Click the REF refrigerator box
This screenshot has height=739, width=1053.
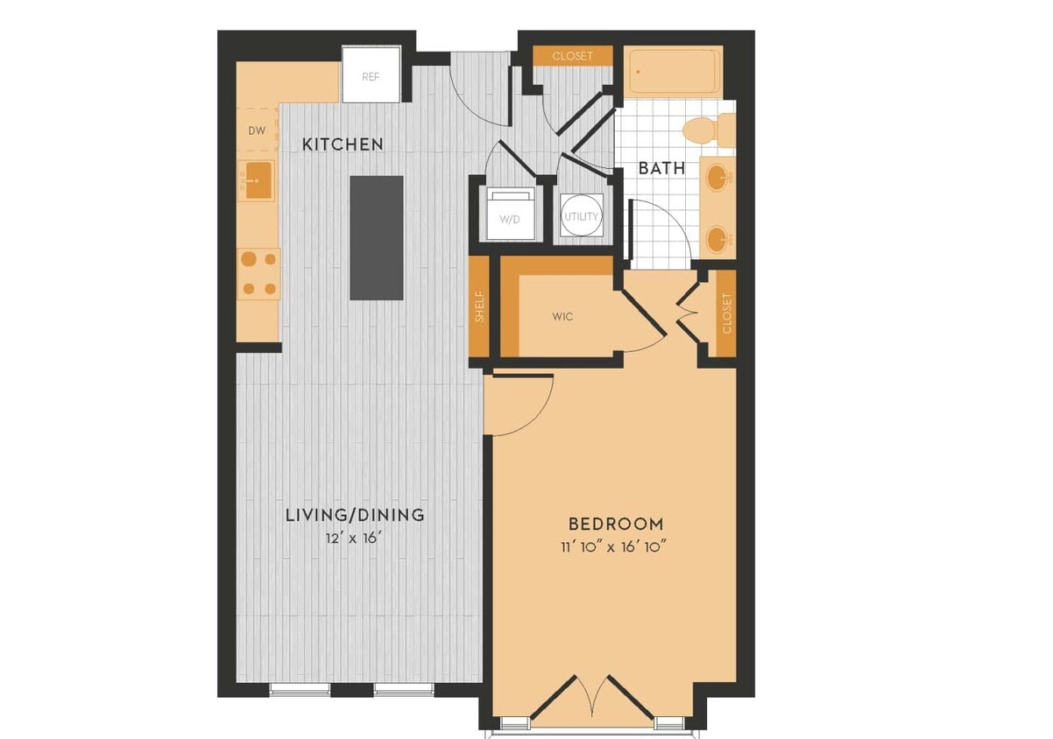click(371, 75)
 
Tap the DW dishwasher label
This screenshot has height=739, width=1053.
click(256, 131)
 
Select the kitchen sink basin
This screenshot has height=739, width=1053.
click(256, 181)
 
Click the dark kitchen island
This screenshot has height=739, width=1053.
click(377, 237)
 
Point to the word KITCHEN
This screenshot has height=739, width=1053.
click(343, 144)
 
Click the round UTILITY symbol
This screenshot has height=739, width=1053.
click(582, 215)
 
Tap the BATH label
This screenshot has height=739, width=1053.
click(661, 168)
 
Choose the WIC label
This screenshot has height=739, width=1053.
click(562, 316)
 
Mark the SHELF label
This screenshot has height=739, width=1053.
click(479, 306)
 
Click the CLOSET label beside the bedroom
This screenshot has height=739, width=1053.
click(726, 313)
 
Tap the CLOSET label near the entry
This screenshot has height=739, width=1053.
click(572, 56)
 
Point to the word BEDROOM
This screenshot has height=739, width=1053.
click(616, 524)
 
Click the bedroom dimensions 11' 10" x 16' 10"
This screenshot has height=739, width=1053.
click(616, 547)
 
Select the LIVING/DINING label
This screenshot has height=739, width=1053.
click(355, 515)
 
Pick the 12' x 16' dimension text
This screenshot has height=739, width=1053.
click(355, 538)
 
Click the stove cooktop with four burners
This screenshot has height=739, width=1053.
click(258, 273)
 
